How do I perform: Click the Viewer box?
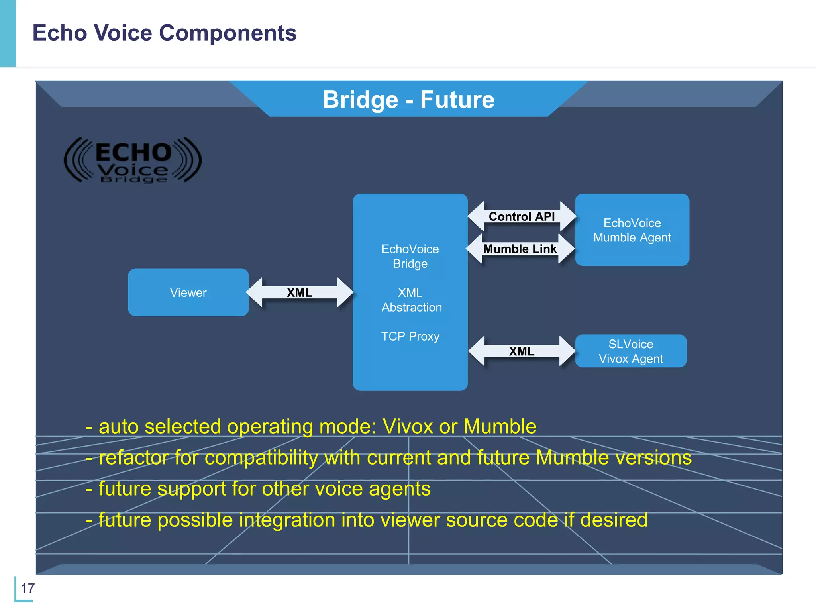(188, 292)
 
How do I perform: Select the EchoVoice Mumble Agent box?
(632, 230)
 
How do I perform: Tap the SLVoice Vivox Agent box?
(631, 351)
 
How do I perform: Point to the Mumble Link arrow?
(520, 249)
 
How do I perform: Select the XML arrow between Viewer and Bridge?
(299, 293)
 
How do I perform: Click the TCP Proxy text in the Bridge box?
(410, 336)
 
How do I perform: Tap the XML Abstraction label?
(411, 300)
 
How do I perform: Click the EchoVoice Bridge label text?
(410, 256)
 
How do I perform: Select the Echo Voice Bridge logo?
(133, 160)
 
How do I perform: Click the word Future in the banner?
(457, 100)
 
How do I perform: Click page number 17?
(27, 588)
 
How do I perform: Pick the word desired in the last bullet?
(614, 520)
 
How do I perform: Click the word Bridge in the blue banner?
(360, 100)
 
